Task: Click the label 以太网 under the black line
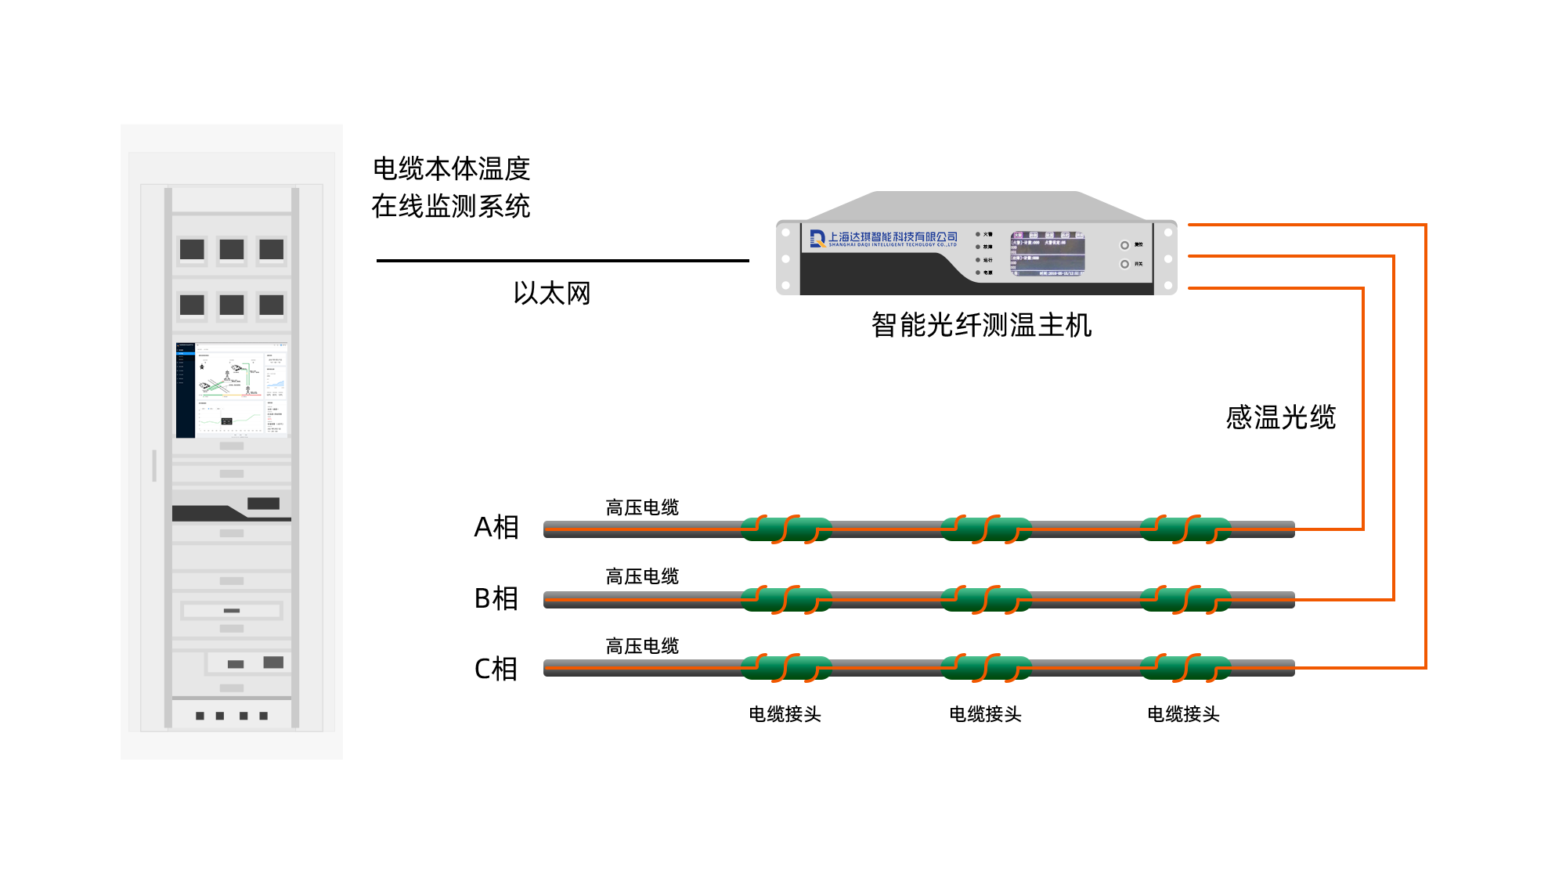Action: point(552,293)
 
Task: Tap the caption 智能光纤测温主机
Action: point(981,324)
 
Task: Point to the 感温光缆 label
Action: point(1280,417)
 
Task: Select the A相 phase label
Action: point(496,527)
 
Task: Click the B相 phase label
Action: point(496,598)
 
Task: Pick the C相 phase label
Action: point(496,669)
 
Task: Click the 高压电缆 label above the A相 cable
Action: point(642,507)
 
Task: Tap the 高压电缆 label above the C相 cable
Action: point(642,646)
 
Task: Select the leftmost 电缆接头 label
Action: point(785,714)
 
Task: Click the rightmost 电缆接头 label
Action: point(1183,714)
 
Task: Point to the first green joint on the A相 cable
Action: point(786,529)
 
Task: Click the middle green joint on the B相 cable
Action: point(986,600)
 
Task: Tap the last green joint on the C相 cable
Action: point(1185,668)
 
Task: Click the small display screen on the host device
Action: point(1048,254)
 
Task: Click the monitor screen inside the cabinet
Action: point(232,389)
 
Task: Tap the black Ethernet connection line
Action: point(562,261)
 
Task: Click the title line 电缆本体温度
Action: point(451,168)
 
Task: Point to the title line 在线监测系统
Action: point(451,206)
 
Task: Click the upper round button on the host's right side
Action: point(1124,245)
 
